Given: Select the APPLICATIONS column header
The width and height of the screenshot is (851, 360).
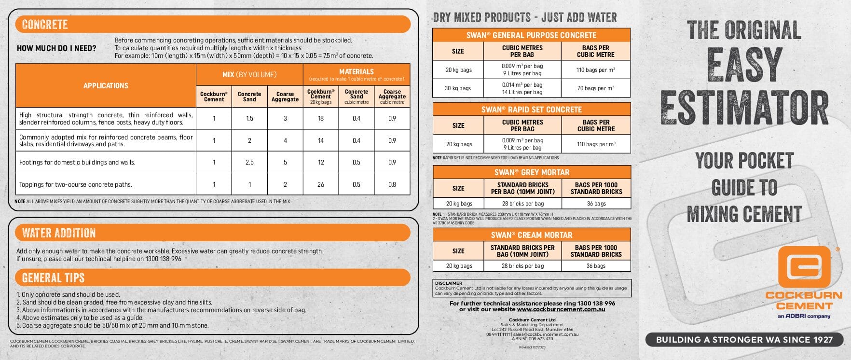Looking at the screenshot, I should click(106, 85).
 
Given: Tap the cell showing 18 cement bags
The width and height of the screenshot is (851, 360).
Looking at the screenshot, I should click(321, 118).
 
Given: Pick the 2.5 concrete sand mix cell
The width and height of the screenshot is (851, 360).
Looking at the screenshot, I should click(249, 162).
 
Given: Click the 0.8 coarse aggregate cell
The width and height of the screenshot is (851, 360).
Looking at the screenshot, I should click(392, 184).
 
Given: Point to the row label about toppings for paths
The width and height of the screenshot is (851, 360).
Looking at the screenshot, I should click(76, 184).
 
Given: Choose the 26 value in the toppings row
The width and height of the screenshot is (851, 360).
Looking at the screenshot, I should click(321, 184).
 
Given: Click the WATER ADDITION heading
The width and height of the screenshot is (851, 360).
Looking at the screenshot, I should click(59, 233).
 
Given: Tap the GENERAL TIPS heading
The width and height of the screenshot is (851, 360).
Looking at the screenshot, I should click(53, 277).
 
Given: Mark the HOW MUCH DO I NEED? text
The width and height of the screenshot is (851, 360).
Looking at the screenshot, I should click(56, 48).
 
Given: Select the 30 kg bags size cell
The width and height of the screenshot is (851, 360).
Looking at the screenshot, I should click(458, 88).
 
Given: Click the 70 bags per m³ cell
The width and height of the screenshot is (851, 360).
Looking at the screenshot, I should click(596, 88).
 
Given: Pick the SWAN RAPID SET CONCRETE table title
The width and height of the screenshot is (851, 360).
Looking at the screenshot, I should click(531, 110).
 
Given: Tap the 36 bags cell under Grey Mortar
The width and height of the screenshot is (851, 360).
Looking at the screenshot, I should click(596, 204).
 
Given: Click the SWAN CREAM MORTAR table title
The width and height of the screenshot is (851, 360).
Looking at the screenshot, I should click(531, 235).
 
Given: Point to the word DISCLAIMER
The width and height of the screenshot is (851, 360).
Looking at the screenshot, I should click(449, 283).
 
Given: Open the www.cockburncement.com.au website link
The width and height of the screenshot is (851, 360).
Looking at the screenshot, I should click(561, 309).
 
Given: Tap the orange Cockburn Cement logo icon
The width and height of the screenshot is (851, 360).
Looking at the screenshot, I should click(804, 266).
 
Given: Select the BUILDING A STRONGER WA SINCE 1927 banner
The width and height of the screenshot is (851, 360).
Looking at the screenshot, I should click(744, 340).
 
